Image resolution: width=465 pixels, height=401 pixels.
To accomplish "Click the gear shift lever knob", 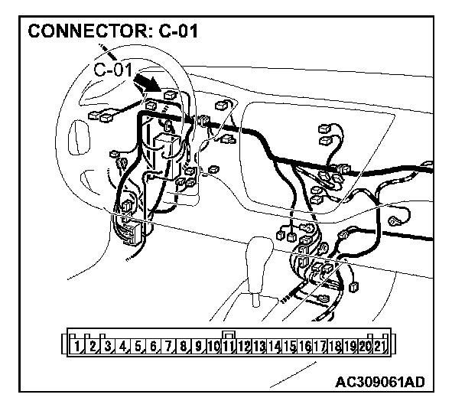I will pos(260,253).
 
